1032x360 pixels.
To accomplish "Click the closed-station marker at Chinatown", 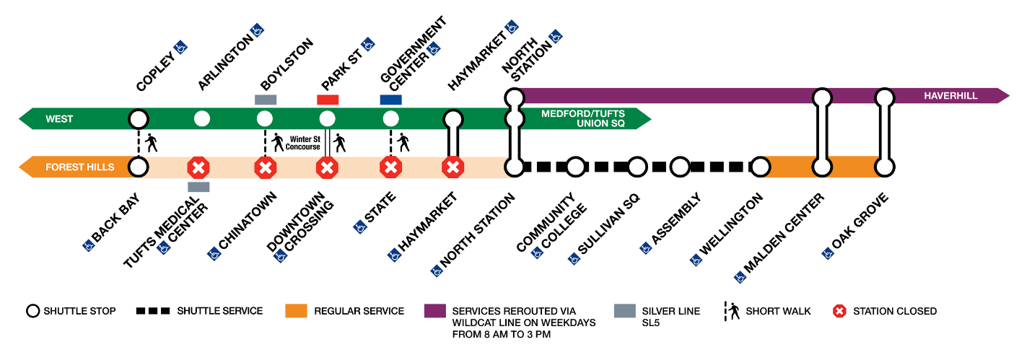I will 265,168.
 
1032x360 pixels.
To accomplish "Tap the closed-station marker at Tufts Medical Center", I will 198,168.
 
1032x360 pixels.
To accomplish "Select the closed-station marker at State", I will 390,168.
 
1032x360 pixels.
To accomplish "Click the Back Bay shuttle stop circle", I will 139,168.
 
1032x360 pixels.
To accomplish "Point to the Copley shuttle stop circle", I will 139,118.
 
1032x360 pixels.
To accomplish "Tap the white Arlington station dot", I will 202,118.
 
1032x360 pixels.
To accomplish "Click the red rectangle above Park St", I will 328,100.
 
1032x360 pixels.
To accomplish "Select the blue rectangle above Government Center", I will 390,100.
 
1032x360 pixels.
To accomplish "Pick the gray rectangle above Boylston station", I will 265,100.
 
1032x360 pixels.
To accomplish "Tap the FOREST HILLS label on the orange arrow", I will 79,167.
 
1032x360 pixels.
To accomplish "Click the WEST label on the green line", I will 59,118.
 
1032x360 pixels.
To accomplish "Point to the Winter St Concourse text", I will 302,142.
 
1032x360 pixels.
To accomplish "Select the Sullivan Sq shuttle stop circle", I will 637,167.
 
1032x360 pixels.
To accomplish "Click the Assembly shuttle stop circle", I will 681,167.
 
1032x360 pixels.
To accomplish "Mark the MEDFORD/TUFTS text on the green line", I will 583,113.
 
